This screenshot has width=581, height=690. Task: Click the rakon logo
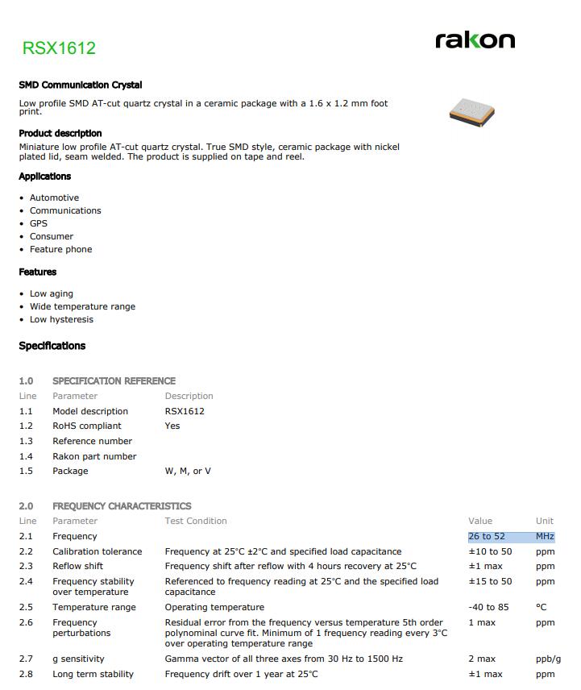(475, 39)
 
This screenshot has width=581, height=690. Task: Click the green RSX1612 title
(59, 48)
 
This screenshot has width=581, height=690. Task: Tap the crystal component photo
(471, 111)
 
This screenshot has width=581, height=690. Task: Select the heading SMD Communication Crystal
(81, 85)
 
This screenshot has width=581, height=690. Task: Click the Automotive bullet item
(54, 197)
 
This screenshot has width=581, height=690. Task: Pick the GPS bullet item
(39, 223)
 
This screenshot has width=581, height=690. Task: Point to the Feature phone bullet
(60, 249)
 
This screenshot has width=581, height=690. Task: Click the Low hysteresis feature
(61, 319)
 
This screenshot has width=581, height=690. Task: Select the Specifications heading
(52, 346)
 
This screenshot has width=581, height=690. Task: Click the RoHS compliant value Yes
(172, 426)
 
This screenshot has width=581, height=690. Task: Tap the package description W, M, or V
(188, 471)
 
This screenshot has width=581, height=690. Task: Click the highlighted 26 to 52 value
(487, 536)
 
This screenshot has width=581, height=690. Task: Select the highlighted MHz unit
(545, 536)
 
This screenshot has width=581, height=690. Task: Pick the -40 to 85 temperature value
(488, 607)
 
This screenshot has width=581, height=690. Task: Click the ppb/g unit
(548, 659)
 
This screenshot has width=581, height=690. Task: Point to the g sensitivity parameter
(78, 659)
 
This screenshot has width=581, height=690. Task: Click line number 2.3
(26, 566)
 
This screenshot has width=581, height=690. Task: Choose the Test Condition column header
(196, 521)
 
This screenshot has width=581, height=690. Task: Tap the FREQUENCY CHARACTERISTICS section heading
(122, 506)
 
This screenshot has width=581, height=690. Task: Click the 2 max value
(482, 659)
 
